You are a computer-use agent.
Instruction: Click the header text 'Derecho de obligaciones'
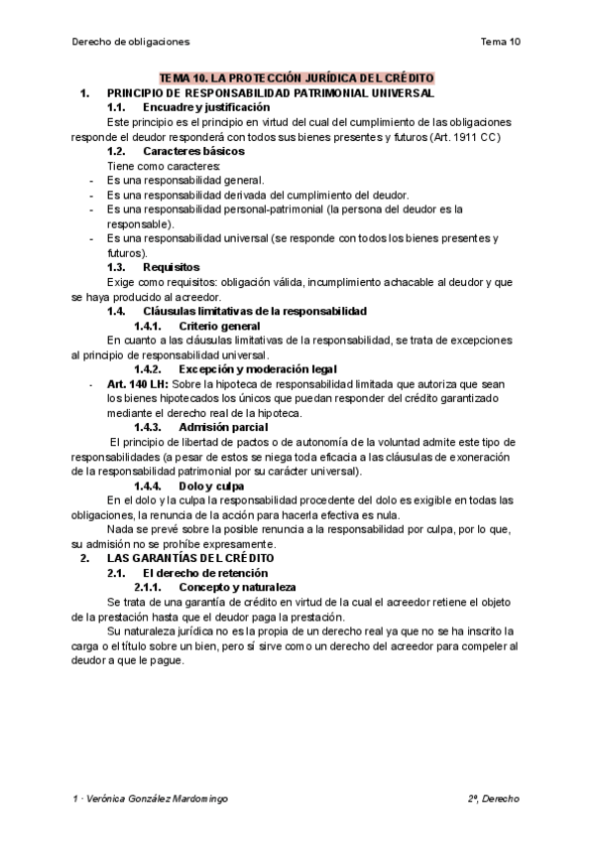(x=131, y=42)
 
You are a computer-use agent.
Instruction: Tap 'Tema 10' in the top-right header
(x=500, y=42)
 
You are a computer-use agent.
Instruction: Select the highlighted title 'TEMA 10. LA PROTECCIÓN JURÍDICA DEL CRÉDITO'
(x=297, y=78)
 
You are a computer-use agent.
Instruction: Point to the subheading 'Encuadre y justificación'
(x=205, y=106)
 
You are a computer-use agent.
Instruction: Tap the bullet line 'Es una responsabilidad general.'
(x=185, y=181)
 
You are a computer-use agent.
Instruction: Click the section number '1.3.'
(x=115, y=267)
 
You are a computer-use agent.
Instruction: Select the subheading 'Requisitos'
(x=172, y=267)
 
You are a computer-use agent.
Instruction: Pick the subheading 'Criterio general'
(x=220, y=326)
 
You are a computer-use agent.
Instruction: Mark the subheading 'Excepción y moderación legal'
(x=258, y=369)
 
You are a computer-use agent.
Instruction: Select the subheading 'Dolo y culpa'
(x=210, y=486)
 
